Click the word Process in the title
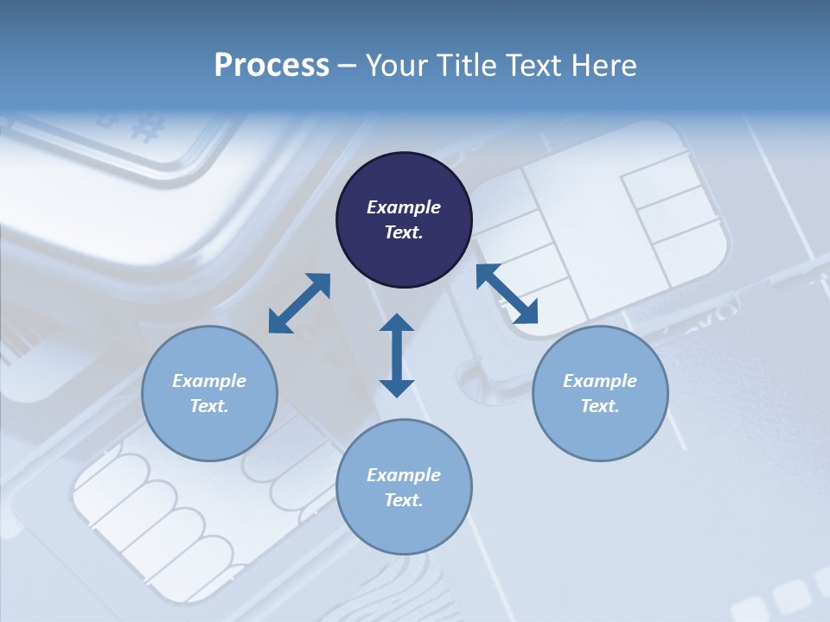click(x=271, y=65)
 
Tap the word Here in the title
click(x=603, y=65)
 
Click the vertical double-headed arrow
click(x=397, y=355)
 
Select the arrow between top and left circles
click(x=299, y=303)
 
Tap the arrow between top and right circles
click(x=507, y=294)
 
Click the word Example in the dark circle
click(x=404, y=207)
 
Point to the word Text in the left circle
click(x=208, y=406)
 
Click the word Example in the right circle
click(x=600, y=381)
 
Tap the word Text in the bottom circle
click(x=403, y=500)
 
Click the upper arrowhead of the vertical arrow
click(x=397, y=323)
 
